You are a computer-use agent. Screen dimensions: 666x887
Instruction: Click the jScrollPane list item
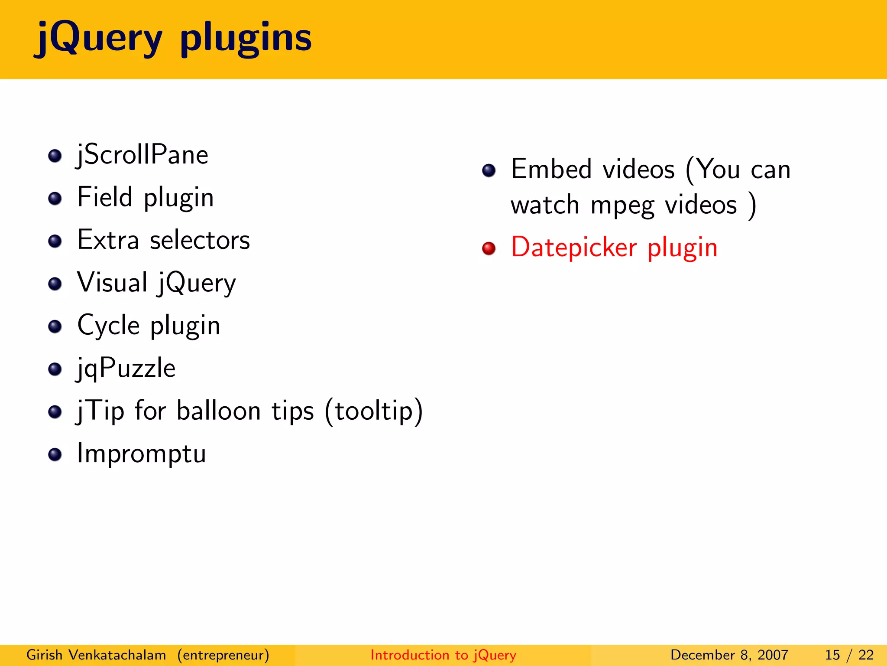coord(142,155)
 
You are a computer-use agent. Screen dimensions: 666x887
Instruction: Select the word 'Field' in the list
coord(104,197)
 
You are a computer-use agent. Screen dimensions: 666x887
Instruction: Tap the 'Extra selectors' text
coord(163,240)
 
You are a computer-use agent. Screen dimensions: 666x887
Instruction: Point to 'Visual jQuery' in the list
coord(156,283)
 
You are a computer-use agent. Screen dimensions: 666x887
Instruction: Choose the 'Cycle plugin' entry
coord(149,325)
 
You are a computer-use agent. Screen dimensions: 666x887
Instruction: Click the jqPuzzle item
coord(126,368)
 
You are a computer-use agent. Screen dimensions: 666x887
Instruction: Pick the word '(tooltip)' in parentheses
coord(373,411)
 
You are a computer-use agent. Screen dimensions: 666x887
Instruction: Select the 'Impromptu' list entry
coord(141,454)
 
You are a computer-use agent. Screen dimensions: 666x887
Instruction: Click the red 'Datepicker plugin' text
coord(614,248)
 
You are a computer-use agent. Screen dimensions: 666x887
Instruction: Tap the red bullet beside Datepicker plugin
coord(489,248)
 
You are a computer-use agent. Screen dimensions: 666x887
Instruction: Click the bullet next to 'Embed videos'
coord(489,170)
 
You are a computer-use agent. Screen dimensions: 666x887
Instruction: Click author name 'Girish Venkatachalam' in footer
coord(96,655)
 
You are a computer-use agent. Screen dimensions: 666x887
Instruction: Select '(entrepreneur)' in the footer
coord(223,655)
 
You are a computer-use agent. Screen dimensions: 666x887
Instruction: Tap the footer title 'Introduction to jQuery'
coord(443,655)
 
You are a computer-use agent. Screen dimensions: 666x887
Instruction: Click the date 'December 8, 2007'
coord(729,655)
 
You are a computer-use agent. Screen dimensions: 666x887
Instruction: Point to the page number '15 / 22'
coord(849,655)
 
